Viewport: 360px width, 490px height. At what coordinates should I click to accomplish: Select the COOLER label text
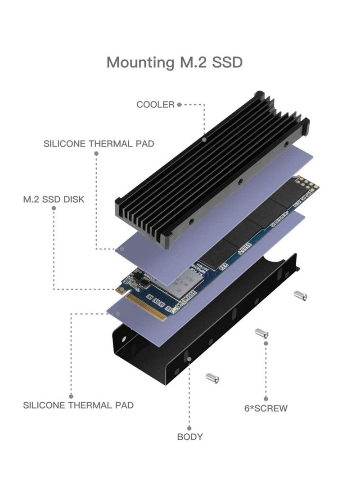click(155, 105)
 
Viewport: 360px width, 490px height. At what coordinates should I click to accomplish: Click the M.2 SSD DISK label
click(54, 199)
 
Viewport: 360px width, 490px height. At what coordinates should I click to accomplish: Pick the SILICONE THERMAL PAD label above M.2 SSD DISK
click(99, 144)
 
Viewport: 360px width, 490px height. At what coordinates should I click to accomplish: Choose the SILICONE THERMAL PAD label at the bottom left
click(78, 405)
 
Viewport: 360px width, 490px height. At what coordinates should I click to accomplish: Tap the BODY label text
click(189, 437)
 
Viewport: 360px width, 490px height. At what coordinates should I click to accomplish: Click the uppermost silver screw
click(300, 295)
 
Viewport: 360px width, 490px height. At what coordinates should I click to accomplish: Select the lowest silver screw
click(212, 378)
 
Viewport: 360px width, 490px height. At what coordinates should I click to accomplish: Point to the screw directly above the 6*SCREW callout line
click(261, 334)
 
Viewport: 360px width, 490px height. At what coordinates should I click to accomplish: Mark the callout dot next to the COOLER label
click(179, 105)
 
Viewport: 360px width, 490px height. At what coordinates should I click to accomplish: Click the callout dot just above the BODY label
click(189, 428)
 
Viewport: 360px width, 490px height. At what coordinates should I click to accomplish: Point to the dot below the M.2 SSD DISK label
click(54, 209)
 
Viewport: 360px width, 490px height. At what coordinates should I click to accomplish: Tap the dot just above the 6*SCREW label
click(266, 399)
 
